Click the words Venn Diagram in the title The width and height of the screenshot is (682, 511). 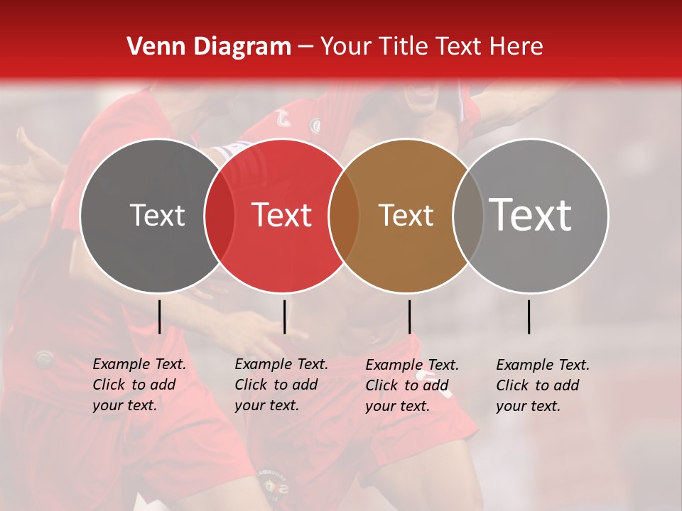tap(209, 47)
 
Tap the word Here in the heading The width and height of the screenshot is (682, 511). tap(516, 47)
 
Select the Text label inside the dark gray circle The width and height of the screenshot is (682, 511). tap(157, 215)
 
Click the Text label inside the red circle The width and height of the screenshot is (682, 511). tap(281, 215)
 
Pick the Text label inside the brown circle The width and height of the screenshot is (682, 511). tap(406, 215)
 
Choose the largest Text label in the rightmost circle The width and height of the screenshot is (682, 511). tap(531, 215)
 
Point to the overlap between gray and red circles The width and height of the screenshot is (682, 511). tap(220, 215)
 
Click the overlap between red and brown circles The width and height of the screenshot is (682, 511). tap(344, 215)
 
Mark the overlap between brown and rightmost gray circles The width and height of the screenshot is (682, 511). tap(468, 215)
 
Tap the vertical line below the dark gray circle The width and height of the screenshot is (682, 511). tap(160, 317)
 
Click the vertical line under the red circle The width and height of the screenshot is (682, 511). tap(284, 317)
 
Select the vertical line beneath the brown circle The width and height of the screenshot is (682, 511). tap(410, 317)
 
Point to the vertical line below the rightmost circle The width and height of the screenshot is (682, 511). tap(529, 317)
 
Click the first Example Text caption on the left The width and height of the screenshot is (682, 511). tap(139, 385)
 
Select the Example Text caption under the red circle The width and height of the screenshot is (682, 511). tap(281, 385)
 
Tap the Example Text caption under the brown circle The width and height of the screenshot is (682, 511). tap(411, 385)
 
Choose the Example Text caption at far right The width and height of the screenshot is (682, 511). tap(542, 385)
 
